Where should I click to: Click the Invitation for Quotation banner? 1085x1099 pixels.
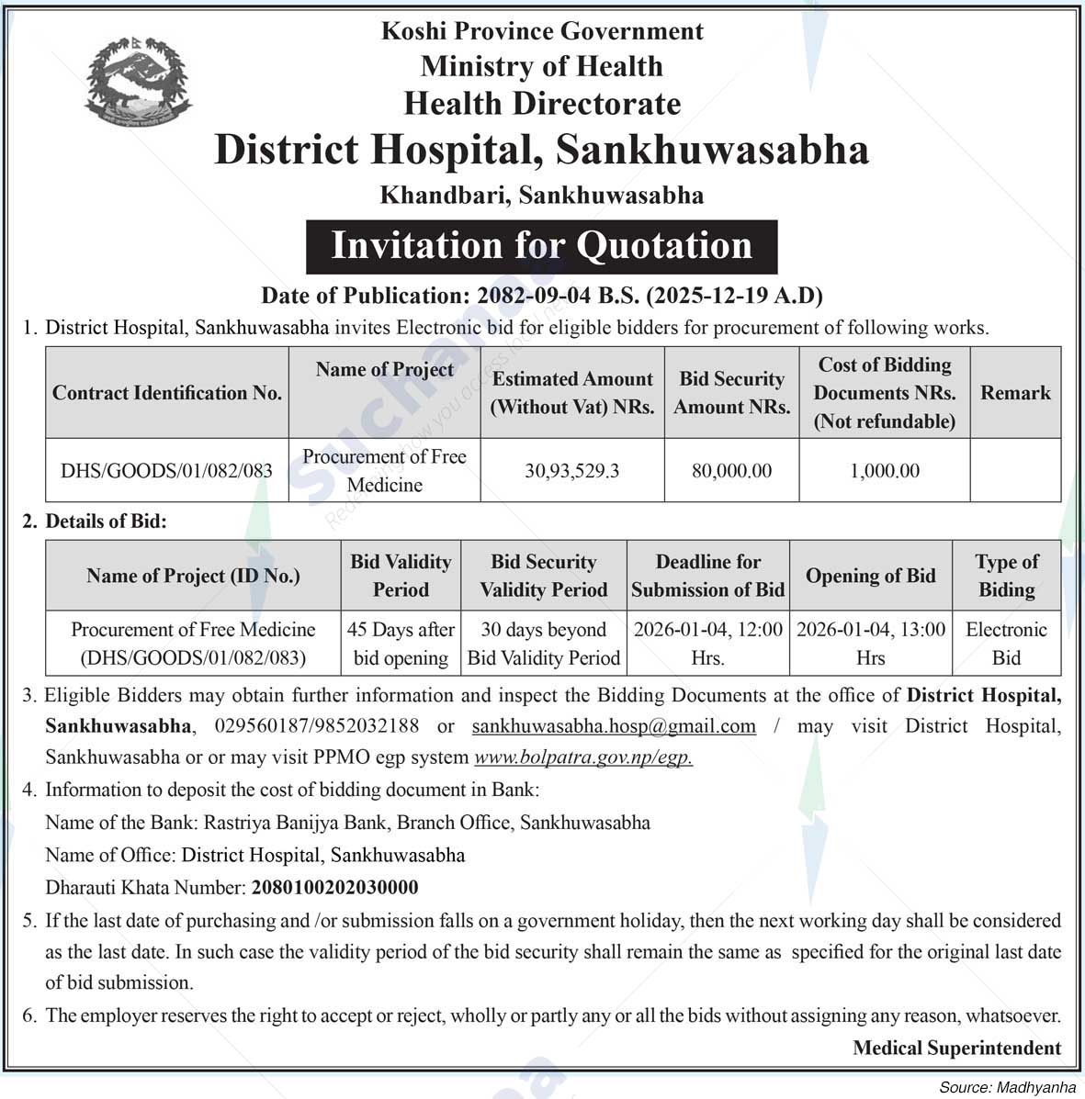click(x=541, y=246)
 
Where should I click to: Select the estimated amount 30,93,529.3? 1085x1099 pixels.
click(x=571, y=471)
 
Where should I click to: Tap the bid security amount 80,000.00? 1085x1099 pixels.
click(x=731, y=471)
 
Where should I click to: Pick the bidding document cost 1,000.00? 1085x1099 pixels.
click(x=884, y=471)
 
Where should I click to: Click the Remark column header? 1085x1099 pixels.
click(x=1015, y=393)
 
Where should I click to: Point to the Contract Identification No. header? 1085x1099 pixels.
click(x=167, y=393)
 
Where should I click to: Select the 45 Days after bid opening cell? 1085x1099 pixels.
click(x=401, y=644)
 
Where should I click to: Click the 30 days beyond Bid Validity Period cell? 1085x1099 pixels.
click(x=544, y=644)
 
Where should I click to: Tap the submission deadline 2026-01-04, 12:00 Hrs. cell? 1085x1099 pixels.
click(x=707, y=644)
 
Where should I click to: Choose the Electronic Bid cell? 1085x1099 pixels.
click(x=1006, y=644)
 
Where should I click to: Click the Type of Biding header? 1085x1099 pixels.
click(x=1006, y=576)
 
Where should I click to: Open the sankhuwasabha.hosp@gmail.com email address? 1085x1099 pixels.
click(x=614, y=726)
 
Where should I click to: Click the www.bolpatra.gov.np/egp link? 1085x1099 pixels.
click(x=583, y=757)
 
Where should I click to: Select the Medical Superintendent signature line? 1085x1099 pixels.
click(x=956, y=1048)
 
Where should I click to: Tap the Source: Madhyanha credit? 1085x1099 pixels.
click(x=1007, y=1087)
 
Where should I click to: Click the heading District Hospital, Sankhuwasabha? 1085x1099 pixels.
click(x=541, y=150)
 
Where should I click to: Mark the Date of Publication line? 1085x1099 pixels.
click(x=541, y=296)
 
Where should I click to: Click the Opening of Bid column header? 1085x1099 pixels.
click(x=870, y=576)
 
